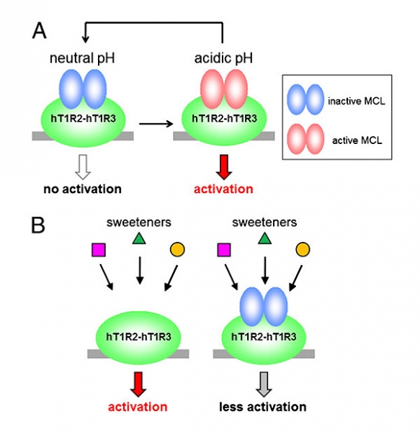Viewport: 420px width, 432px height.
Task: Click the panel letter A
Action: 40,30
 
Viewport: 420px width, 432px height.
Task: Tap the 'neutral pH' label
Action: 82,58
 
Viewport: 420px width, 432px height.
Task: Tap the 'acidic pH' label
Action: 223,58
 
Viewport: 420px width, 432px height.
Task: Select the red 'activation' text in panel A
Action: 223,189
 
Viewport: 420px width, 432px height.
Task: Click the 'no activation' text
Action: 82,189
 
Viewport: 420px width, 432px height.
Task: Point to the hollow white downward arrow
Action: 83,167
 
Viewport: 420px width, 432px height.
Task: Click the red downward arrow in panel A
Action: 224,167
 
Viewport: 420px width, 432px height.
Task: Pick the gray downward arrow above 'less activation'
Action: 264,384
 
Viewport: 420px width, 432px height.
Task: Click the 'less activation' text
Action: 263,407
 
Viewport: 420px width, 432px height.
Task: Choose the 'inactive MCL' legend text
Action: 357,101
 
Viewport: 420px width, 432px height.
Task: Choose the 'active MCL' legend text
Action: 357,140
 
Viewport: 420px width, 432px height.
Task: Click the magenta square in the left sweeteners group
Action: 99,250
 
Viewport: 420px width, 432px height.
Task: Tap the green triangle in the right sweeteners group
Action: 265,239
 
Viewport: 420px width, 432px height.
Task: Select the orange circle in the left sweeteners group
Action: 177,250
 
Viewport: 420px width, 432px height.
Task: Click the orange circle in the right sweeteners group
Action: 303,250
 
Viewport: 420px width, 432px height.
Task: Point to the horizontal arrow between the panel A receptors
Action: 156,124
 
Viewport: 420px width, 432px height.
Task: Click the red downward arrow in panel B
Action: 138,384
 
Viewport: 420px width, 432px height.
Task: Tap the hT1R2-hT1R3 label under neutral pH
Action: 84,119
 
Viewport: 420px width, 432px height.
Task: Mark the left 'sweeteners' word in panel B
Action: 139,222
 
